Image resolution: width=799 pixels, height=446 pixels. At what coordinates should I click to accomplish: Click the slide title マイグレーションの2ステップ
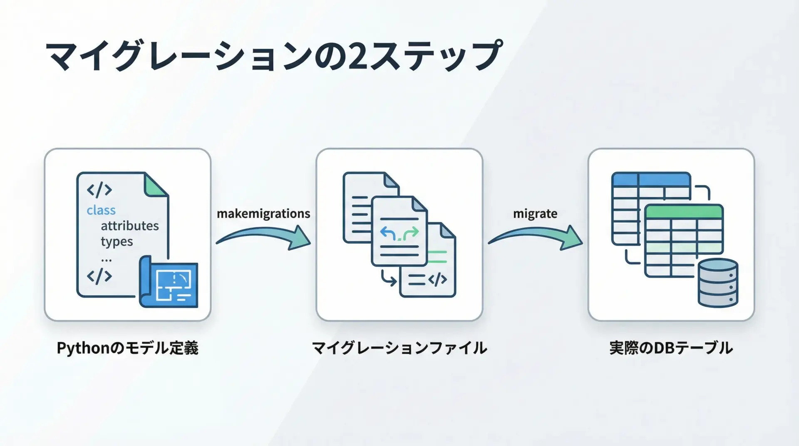(x=274, y=56)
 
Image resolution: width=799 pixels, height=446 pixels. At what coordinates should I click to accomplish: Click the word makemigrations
(x=263, y=213)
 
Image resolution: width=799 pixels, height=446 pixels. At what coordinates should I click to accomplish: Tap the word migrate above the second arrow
(x=535, y=213)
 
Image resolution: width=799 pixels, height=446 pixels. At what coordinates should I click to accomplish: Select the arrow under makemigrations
(x=264, y=238)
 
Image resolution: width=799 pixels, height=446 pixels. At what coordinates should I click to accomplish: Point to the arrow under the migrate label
(x=536, y=238)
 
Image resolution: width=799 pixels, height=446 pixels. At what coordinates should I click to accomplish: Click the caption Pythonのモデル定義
(x=127, y=348)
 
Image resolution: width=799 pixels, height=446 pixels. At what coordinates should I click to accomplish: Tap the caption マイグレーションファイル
(x=399, y=348)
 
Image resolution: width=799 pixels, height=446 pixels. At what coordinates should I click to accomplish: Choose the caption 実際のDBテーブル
(x=671, y=348)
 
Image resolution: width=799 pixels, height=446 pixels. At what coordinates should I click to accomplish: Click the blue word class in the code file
(x=101, y=210)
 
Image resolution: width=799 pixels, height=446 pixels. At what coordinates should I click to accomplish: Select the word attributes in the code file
(x=129, y=225)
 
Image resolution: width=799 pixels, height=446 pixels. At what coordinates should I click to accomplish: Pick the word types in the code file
(x=117, y=241)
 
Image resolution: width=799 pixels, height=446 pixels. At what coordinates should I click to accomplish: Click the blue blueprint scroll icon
(x=169, y=283)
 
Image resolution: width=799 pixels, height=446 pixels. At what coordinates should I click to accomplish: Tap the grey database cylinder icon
(x=718, y=282)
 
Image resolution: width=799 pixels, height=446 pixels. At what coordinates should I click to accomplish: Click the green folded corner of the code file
(x=155, y=185)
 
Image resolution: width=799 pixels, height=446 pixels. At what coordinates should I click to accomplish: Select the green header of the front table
(x=684, y=211)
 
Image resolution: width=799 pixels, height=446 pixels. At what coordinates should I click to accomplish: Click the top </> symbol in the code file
(x=99, y=190)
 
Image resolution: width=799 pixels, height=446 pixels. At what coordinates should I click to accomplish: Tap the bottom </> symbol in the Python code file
(x=99, y=276)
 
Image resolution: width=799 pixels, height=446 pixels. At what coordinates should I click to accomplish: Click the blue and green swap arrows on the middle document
(x=399, y=234)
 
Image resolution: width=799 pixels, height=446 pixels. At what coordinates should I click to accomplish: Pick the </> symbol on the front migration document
(x=437, y=280)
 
